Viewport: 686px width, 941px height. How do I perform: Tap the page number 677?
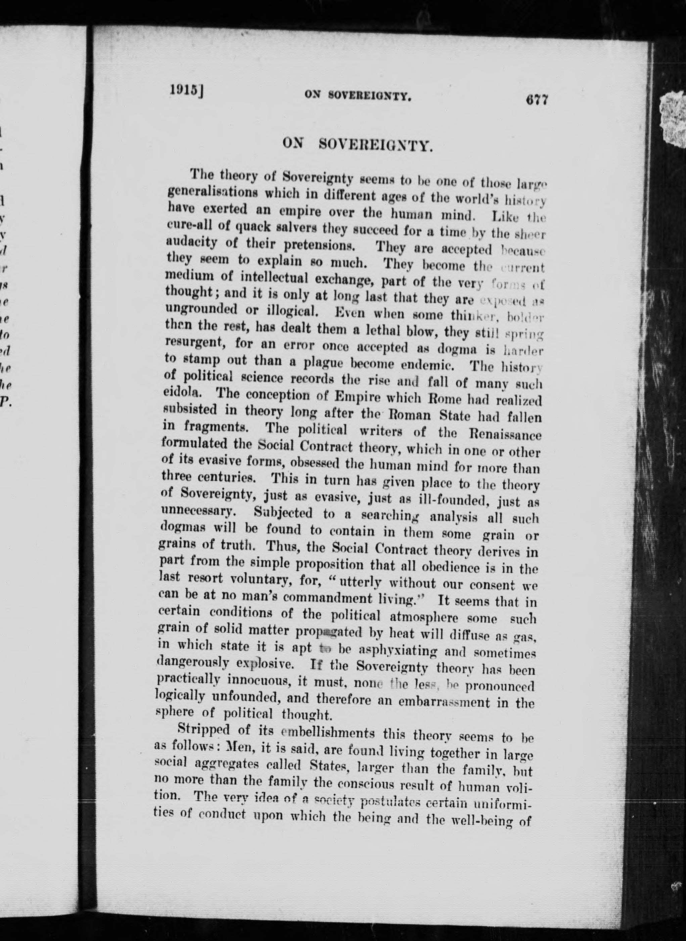coord(537,100)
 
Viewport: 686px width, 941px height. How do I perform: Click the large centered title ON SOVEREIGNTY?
coord(358,144)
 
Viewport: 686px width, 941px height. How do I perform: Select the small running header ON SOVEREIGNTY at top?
coord(358,96)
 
